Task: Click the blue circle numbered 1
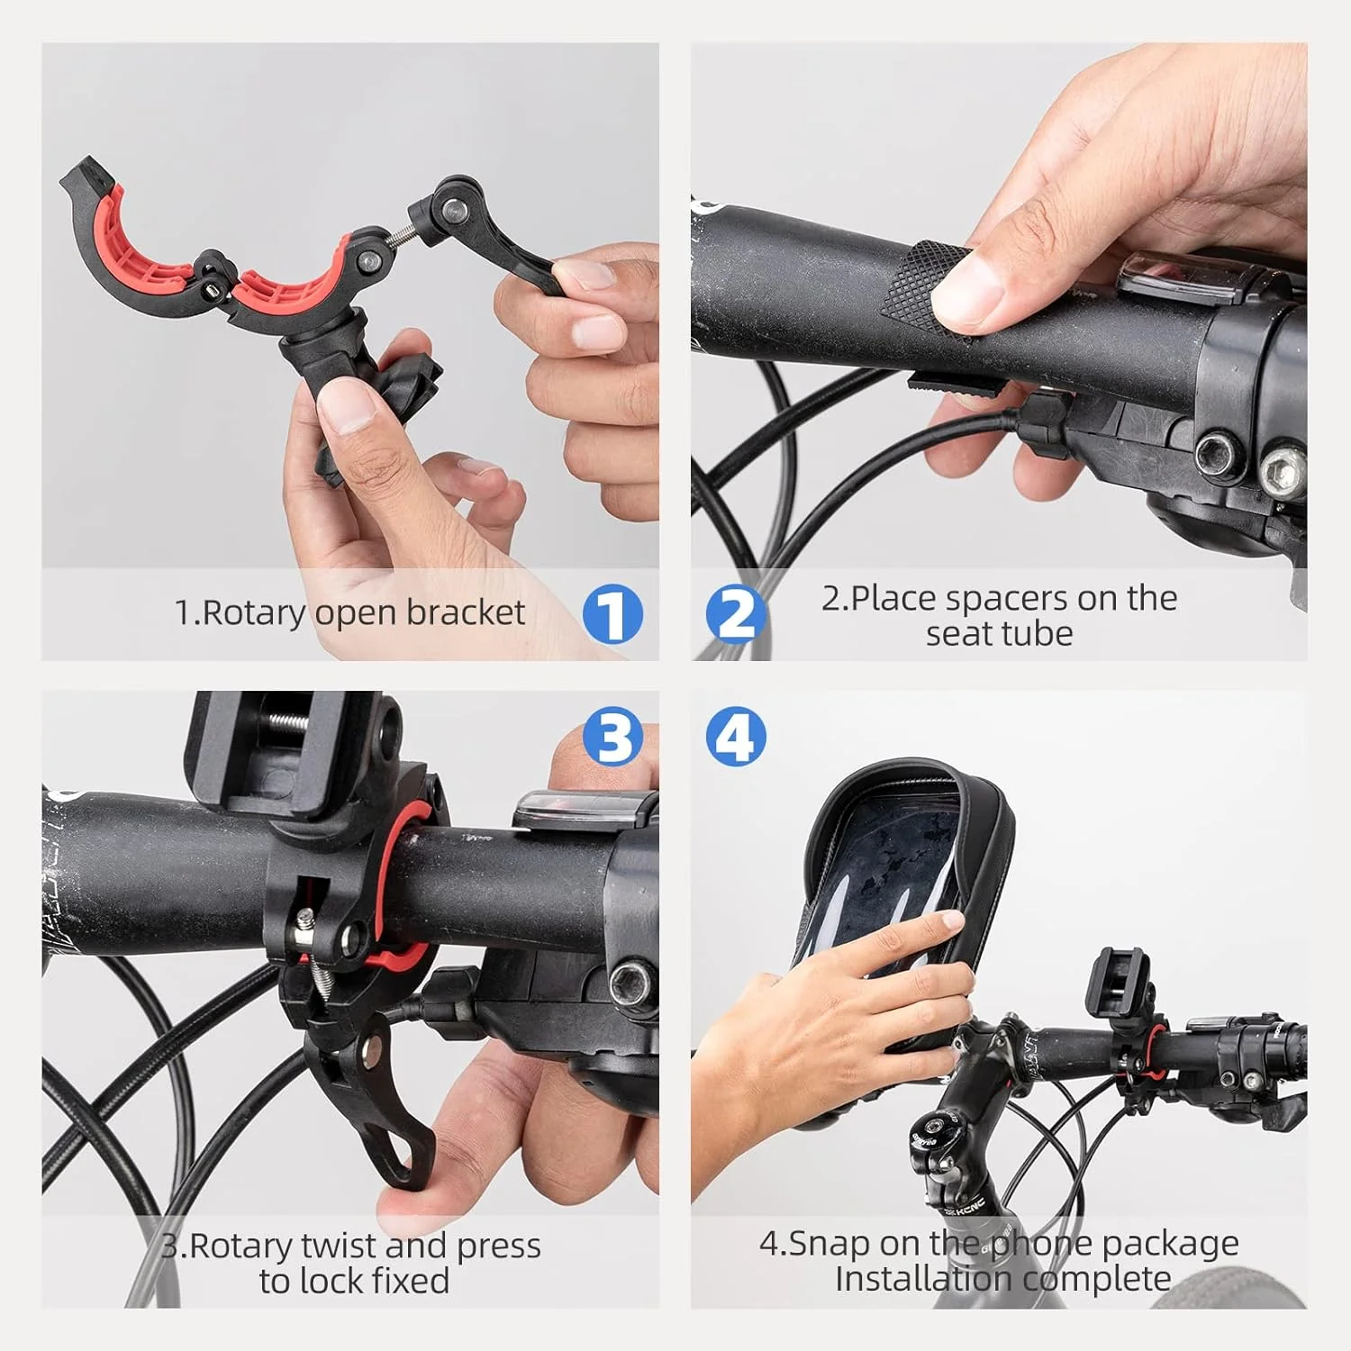pyautogui.click(x=612, y=614)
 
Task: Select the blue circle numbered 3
pyautogui.click(x=612, y=737)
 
